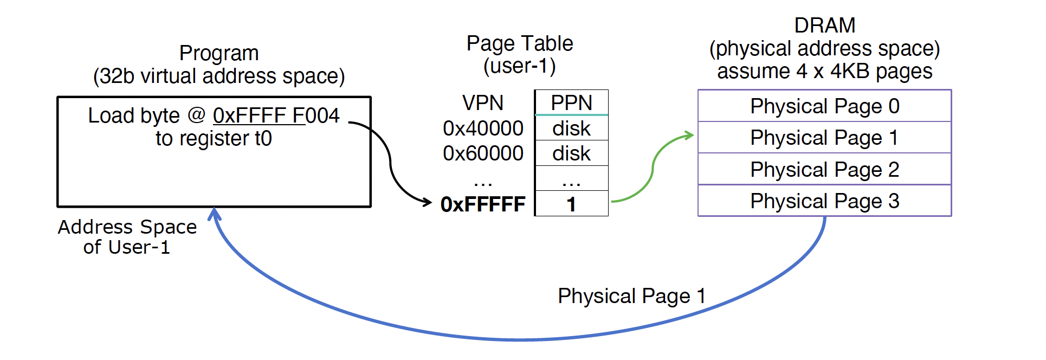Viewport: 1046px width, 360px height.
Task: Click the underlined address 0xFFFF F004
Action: point(276,115)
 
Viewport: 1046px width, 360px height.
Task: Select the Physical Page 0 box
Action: point(824,106)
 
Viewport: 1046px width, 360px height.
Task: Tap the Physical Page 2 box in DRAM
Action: point(824,169)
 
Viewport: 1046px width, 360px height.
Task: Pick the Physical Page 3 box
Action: point(824,201)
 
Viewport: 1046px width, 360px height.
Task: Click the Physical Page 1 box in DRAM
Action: point(824,138)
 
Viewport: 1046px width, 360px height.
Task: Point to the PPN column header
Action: point(571,102)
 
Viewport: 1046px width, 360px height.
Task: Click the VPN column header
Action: point(483,102)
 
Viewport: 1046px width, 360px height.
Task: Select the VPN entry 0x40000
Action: point(483,128)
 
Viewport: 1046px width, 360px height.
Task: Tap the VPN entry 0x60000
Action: point(483,153)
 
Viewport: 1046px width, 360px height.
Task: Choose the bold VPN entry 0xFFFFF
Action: point(483,204)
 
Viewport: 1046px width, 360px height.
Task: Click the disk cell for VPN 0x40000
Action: point(571,128)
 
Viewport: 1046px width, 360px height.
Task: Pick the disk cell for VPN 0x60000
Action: point(571,153)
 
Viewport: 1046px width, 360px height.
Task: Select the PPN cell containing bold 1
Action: point(571,203)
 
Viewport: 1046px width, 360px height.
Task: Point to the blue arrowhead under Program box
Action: point(215,214)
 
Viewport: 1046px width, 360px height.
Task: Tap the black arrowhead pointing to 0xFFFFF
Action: point(427,202)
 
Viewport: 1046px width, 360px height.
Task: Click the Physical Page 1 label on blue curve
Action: point(632,296)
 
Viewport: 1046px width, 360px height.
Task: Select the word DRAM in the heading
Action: point(824,25)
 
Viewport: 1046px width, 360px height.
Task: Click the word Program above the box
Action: point(219,53)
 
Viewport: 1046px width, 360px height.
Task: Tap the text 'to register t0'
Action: point(214,139)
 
